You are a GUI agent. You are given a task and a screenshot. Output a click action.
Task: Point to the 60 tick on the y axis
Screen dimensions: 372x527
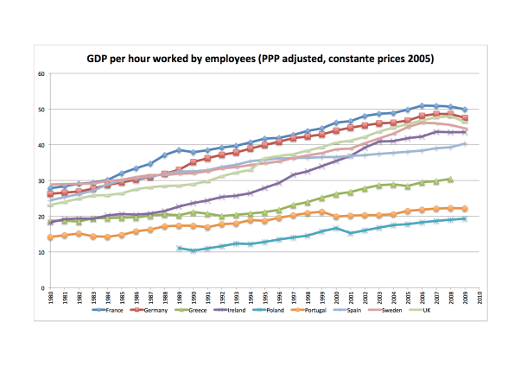tap(41, 73)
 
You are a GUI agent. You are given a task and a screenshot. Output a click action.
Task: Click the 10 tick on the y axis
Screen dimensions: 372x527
tap(41, 252)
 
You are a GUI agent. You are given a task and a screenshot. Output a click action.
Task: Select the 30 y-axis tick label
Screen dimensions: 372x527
tap(41, 180)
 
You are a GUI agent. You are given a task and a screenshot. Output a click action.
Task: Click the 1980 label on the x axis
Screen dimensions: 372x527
tap(51, 301)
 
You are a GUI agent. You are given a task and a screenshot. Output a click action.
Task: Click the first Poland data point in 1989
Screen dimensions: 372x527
tap(179, 248)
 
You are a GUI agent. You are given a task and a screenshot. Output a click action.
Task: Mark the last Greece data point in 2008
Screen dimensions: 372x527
tap(450, 180)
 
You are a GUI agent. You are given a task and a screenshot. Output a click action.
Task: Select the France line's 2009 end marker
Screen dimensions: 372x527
tap(465, 110)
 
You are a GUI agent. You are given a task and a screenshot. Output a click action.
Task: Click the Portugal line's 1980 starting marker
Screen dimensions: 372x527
tap(51, 237)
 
